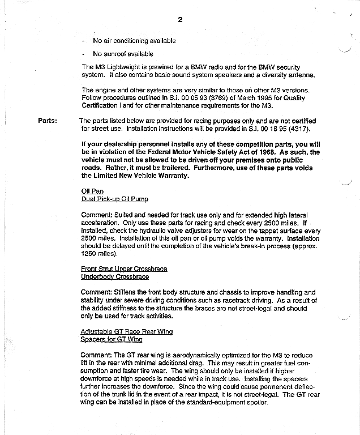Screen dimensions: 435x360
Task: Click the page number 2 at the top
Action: click(x=180, y=20)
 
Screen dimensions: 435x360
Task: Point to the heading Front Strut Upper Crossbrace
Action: click(x=125, y=268)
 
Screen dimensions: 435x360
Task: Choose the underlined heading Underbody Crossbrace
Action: click(x=115, y=277)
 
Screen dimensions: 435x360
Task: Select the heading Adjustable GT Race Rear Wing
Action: click(x=127, y=331)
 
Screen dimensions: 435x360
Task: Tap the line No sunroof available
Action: click(x=123, y=54)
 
